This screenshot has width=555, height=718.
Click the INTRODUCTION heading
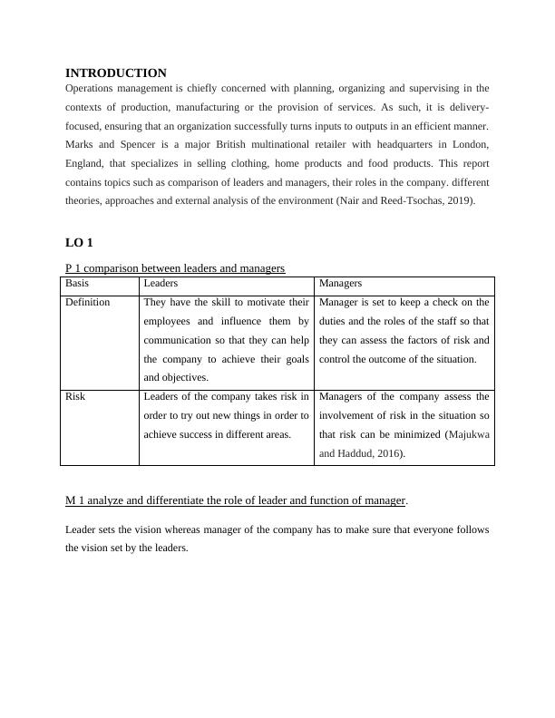(116, 73)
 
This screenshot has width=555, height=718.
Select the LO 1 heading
(79, 243)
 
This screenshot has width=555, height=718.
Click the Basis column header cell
(77, 284)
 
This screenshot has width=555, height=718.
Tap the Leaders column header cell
(161, 284)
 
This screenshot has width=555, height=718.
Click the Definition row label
(88, 302)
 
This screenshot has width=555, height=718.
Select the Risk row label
(75, 396)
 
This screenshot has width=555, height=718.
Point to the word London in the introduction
(470, 145)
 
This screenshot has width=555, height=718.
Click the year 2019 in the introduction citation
(459, 201)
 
